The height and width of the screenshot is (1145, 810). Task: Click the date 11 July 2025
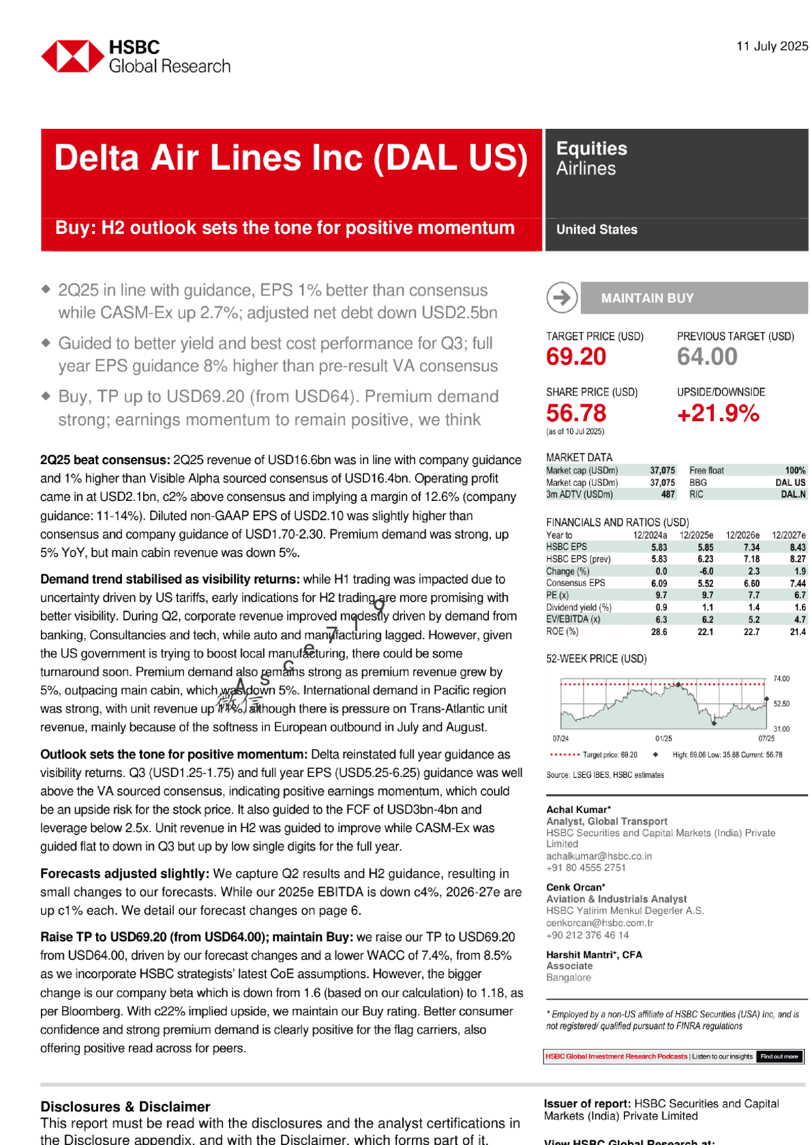[x=772, y=46]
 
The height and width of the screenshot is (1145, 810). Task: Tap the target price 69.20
[x=576, y=356]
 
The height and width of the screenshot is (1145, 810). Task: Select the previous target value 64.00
[x=707, y=356]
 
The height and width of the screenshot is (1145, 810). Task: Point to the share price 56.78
[x=576, y=413]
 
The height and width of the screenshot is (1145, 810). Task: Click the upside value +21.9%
[x=718, y=413]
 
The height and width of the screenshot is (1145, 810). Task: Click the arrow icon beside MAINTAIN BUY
[x=562, y=298]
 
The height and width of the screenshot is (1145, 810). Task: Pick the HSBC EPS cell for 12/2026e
[x=751, y=547]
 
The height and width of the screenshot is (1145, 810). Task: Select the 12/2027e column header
[x=788, y=535]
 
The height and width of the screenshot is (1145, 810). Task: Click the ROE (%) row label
[x=562, y=632]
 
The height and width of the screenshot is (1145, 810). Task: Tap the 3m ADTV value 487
[x=667, y=495]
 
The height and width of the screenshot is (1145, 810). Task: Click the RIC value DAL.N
[x=793, y=495]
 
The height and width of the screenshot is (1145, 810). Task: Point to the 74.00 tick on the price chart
[x=781, y=679]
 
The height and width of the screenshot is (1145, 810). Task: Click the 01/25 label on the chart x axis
[x=663, y=738]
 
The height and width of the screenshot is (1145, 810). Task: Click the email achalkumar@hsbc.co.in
[x=599, y=856]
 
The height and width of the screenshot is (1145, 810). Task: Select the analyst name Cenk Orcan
[x=575, y=887]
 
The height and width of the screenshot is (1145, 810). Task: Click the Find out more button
[x=779, y=1056]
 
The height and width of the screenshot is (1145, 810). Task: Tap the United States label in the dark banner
[x=597, y=230]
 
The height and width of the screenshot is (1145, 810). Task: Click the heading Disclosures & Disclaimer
[x=125, y=1107]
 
